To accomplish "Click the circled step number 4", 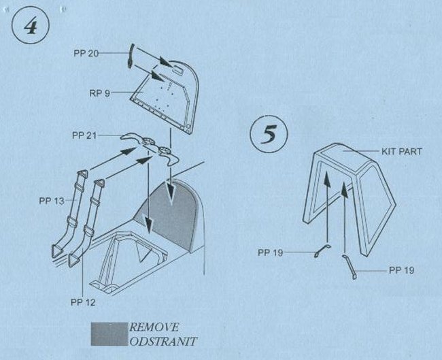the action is coord(31,25).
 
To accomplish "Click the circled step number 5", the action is coord(269,134).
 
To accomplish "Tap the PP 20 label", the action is coord(86,53).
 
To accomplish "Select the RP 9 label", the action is coord(99,93).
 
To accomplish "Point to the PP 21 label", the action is coord(84,135).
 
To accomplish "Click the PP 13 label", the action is coord(52,201).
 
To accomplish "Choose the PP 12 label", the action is coord(83,302).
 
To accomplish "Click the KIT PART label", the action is coord(402,152).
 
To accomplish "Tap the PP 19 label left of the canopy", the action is coord(270,252).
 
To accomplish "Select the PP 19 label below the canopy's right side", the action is coord(401,270).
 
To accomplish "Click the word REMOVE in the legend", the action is coord(154,327).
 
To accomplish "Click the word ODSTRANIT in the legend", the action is coord(163,342).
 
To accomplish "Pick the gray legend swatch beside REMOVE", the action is coord(109,334).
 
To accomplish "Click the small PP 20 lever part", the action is coord(131,56).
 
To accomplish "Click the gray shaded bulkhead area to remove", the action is coord(169,214).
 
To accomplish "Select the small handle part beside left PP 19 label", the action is coord(322,251).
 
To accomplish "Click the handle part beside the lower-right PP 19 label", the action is coord(350,266).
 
